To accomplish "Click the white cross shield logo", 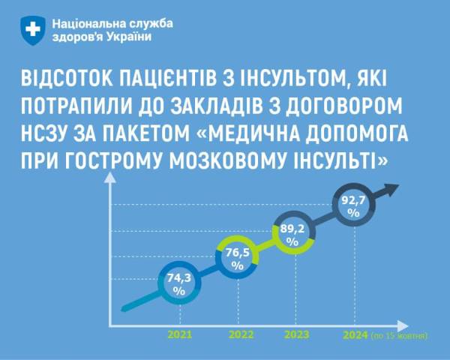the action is tap(33, 30).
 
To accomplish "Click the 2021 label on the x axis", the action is tap(180, 334).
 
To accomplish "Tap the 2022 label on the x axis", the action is tap(241, 334).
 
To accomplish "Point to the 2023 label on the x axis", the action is tap(297, 334).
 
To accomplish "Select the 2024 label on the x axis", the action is tap(355, 335).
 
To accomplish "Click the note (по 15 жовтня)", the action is tap(399, 335).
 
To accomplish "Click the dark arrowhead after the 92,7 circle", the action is tap(391, 190).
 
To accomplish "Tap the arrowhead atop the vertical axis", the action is tap(109, 178).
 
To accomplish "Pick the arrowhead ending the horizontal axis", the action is tap(403, 326).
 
